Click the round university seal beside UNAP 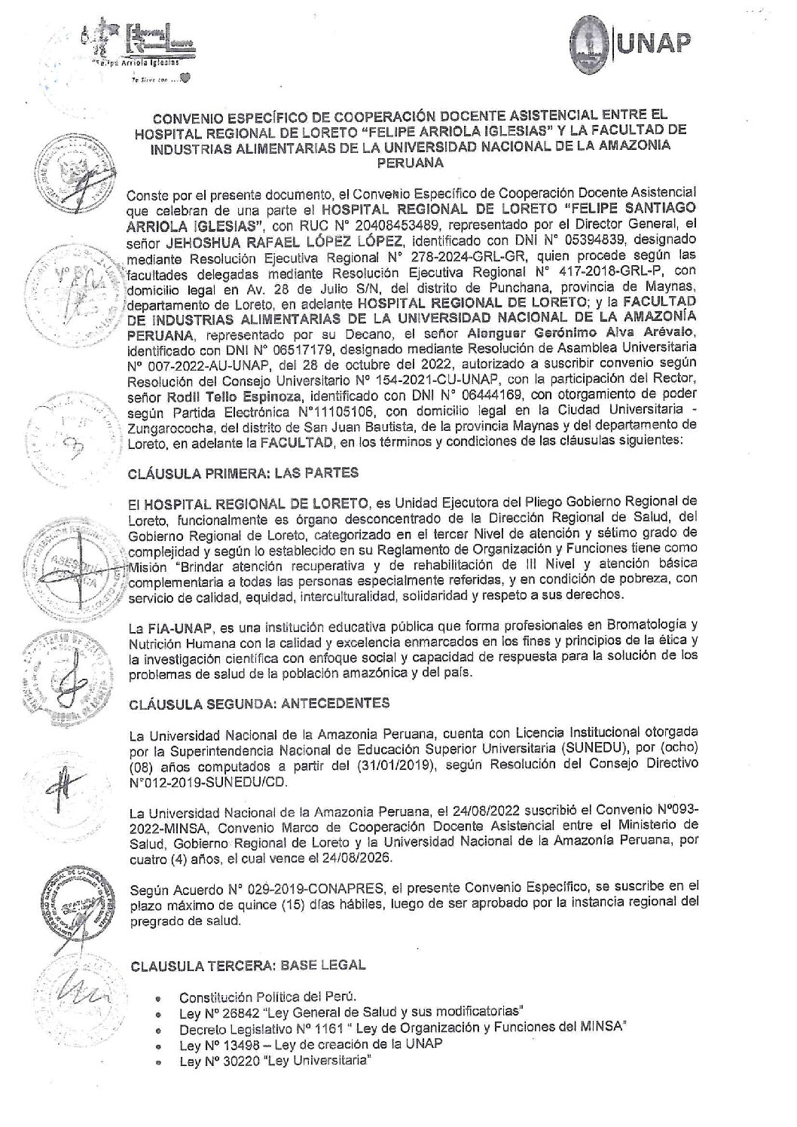coord(594,45)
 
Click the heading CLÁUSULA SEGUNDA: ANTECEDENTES coord(259,704)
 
